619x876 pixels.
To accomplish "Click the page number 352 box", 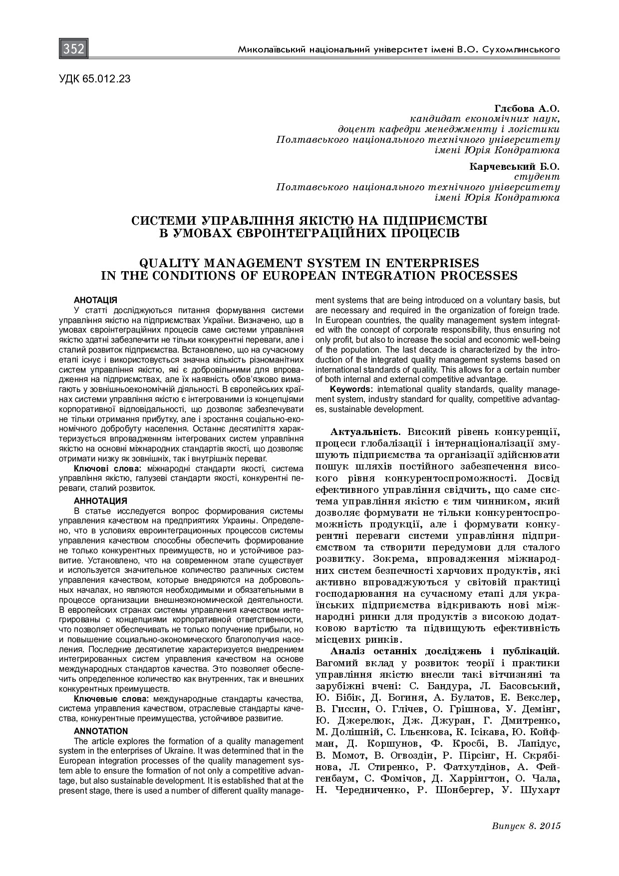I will [x=74, y=49].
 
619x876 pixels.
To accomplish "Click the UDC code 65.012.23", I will [x=95, y=78].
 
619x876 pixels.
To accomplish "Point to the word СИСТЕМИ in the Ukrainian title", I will [x=162, y=220].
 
